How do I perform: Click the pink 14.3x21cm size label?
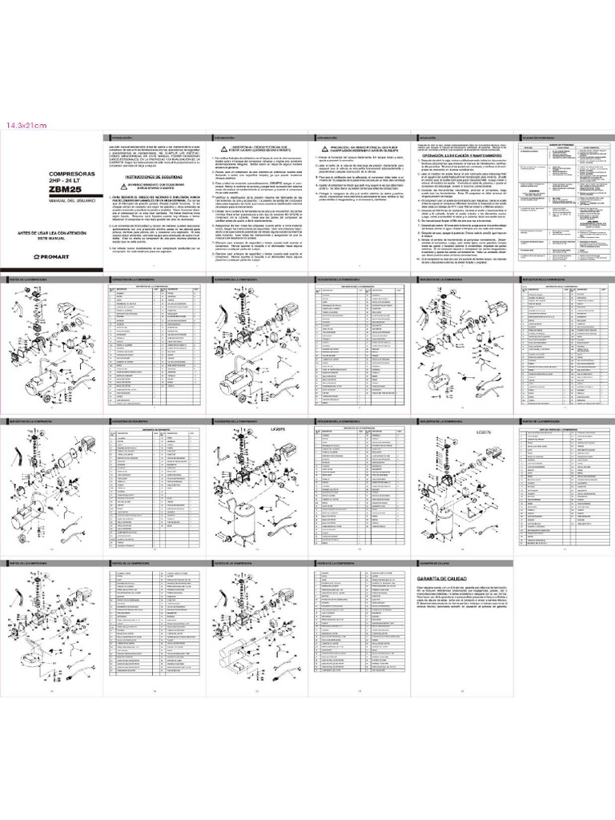26,125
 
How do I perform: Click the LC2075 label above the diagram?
487,432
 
